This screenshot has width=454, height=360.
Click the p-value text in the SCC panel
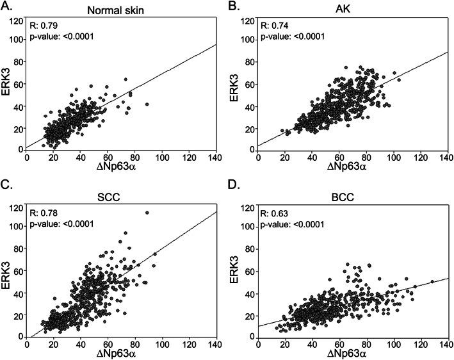click(61, 224)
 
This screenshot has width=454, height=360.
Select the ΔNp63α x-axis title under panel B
click(351, 166)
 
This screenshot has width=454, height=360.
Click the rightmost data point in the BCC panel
click(432, 281)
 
